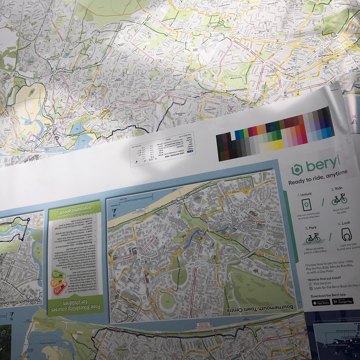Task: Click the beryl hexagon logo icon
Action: pos(296,170)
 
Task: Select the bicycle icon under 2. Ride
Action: pos(339,200)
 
